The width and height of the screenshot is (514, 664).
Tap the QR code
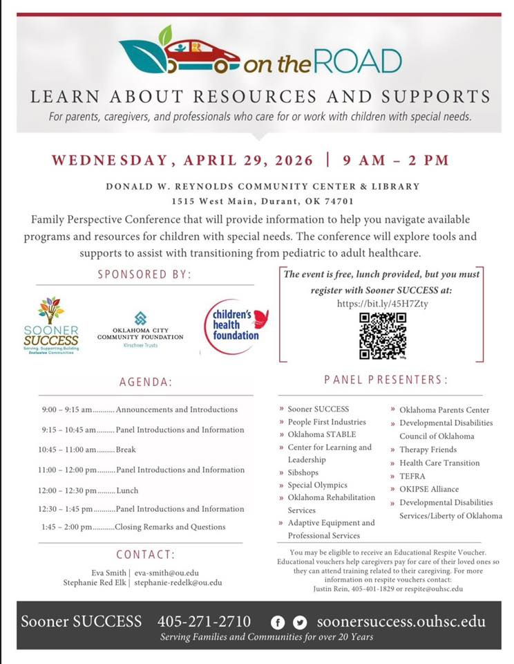coord(383,336)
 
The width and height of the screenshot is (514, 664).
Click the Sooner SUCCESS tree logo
coord(51,322)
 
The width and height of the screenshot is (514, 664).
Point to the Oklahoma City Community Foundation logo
coord(140,329)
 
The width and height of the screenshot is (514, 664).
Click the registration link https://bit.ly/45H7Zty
coord(382,304)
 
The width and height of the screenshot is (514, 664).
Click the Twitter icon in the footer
coord(299,622)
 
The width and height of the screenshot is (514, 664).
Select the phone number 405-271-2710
coord(204,621)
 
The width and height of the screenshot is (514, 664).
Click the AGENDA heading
coord(146,382)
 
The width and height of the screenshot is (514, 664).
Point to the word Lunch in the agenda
coord(127,490)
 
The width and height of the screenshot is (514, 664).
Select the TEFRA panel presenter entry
coord(412,476)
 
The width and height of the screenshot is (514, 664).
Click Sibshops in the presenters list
coord(304,472)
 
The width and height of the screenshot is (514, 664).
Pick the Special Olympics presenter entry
coord(318,485)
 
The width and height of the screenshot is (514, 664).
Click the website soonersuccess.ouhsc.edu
coord(401,621)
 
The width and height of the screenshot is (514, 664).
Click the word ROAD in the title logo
coord(360,62)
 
